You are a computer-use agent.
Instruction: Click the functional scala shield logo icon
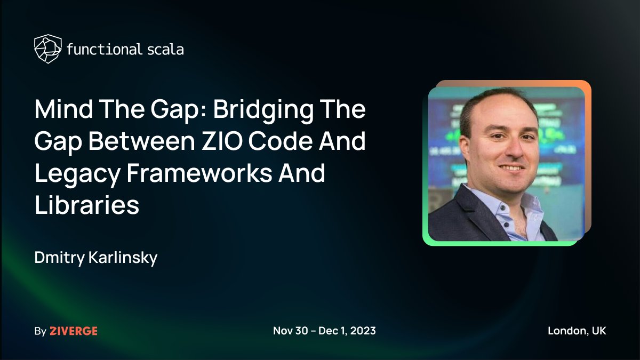47,49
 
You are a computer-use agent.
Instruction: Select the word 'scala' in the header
165,50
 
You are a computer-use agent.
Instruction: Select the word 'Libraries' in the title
87,206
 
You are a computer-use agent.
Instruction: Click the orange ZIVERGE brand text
74,331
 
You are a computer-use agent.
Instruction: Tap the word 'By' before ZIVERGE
40,331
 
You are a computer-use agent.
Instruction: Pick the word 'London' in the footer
566,331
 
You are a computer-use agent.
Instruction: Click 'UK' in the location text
598,331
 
